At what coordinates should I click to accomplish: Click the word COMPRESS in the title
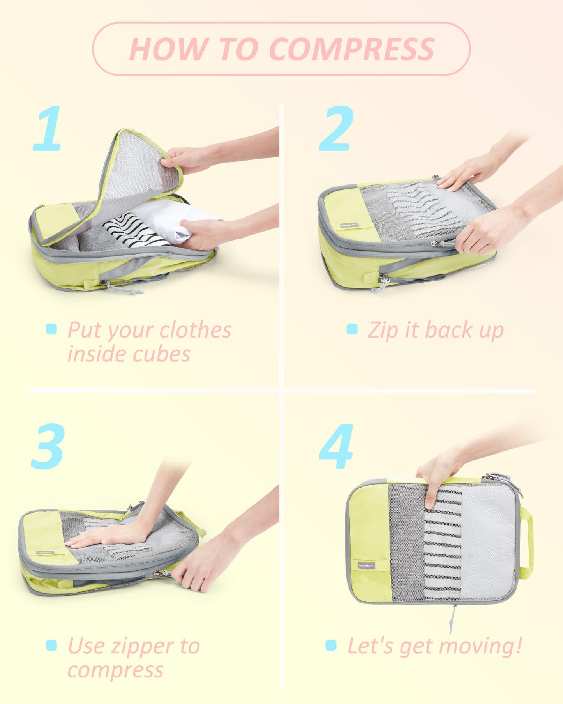coord(351,49)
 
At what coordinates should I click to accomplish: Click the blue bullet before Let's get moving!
coord(331,645)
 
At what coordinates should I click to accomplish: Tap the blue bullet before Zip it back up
coord(352,329)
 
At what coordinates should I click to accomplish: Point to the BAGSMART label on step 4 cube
coord(366,565)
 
